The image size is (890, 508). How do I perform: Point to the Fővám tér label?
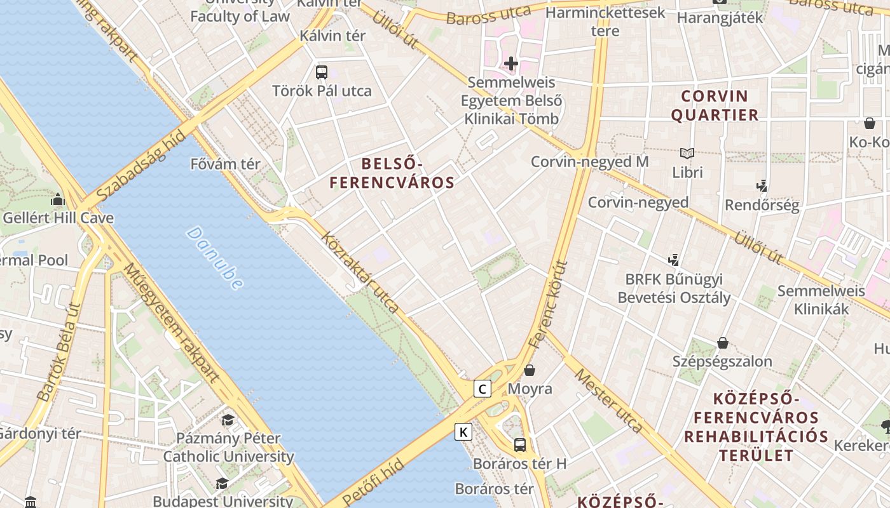point(226,164)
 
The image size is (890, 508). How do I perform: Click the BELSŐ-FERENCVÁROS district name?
point(392,173)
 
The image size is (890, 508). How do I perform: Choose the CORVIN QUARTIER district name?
point(715,105)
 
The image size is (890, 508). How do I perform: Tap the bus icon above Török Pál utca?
point(322,72)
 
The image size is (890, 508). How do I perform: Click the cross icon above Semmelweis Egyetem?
point(511,63)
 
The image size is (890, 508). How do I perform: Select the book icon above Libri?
point(687,153)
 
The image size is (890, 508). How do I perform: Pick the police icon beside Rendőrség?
point(762,186)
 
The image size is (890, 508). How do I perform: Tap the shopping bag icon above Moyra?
point(530,370)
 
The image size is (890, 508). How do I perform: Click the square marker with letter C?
point(483,389)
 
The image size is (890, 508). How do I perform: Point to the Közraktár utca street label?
point(360,274)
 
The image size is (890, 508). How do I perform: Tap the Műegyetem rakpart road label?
point(172,324)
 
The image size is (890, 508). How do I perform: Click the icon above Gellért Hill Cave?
point(58,199)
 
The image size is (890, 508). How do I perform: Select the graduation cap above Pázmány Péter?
point(228,420)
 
